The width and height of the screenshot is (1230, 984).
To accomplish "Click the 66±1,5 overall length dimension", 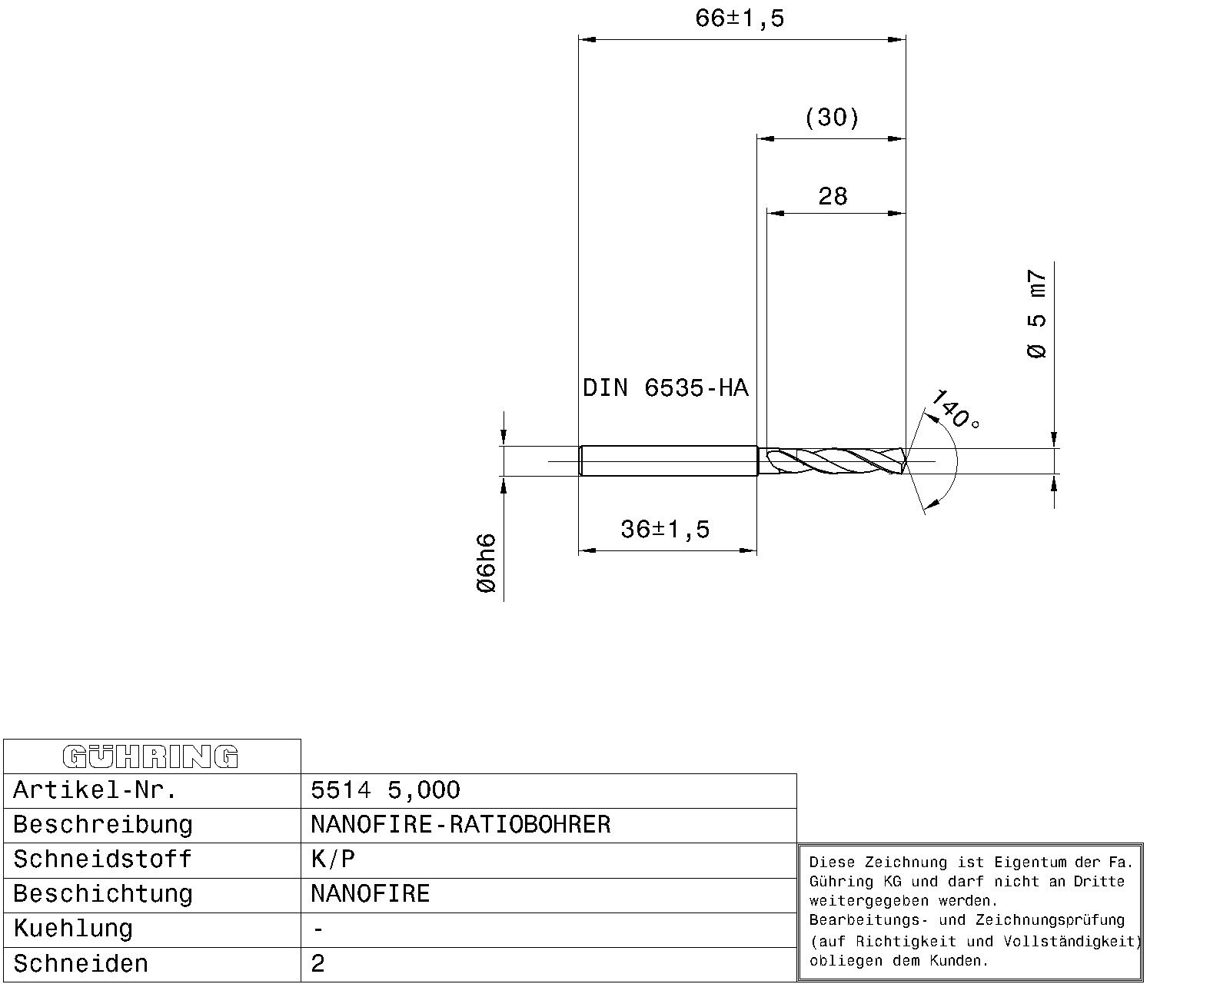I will pyautogui.click(x=740, y=18).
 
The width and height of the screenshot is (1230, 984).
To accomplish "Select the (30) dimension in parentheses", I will pyautogui.click(x=832, y=118).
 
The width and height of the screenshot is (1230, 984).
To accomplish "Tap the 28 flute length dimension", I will pyautogui.click(x=833, y=197).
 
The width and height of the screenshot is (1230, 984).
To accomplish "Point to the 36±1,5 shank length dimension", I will pyautogui.click(x=665, y=530).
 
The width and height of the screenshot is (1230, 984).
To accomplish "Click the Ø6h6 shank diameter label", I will pyautogui.click(x=487, y=563).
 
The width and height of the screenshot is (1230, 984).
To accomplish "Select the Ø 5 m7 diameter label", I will pyautogui.click(x=1037, y=314).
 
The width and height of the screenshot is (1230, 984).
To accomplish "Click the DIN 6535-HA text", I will pyautogui.click(x=665, y=388).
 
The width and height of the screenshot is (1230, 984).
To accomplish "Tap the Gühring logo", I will pyautogui.click(x=151, y=756).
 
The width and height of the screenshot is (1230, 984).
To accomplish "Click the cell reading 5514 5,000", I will pyautogui.click(x=385, y=790).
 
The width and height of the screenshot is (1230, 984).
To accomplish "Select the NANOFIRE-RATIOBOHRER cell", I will pyautogui.click(x=460, y=825).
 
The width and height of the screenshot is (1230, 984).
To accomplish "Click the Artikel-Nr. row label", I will pyautogui.click(x=95, y=790).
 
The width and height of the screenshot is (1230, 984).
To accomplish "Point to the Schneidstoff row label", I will pyautogui.click(x=102, y=859).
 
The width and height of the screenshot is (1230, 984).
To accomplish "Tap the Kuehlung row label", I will pyautogui.click(x=73, y=929).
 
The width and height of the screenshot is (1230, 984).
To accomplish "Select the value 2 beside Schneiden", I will pyautogui.click(x=318, y=964).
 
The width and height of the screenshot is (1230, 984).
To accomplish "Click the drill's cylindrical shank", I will pyautogui.click(x=667, y=461).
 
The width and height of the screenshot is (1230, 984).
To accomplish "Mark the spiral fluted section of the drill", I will pyautogui.click(x=834, y=461).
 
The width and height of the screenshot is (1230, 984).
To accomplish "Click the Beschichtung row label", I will pyautogui.click(x=102, y=894).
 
